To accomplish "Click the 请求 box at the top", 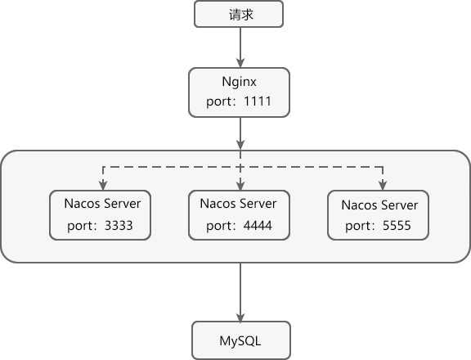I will (x=240, y=15).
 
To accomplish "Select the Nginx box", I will (x=240, y=92).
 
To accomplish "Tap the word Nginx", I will (x=240, y=83).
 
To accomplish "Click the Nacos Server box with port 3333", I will (x=101, y=215).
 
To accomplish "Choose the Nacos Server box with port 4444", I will (x=240, y=215).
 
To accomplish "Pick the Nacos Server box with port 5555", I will (x=379, y=215).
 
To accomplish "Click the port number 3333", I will (x=119, y=226).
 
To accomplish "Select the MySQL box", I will (x=240, y=340).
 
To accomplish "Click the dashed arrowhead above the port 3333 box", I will (x=101, y=184).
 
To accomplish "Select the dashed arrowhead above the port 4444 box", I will (x=240, y=184).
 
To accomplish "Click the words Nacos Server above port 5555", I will (x=379, y=205).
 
